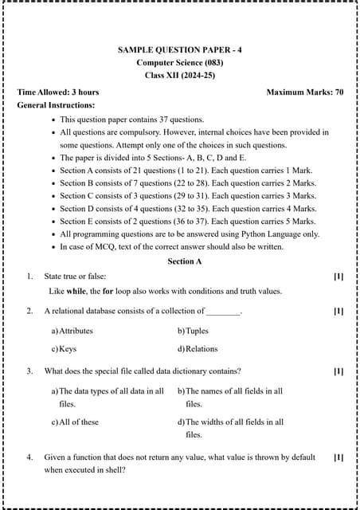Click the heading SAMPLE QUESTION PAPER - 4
click(x=180, y=49)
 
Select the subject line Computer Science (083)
click(x=180, y=62)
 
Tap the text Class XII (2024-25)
click(x=180, y=75)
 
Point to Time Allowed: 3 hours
click(x=57, y=92)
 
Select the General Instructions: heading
click(x=56, y=104)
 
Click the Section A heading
click(x=185, y=261)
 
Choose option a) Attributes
click(x=72, y=330)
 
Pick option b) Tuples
click(x=193, y=330)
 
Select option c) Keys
click(x=65, y=348)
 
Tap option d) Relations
click(x=198, y=348)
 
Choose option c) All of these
click(x=75, y=422)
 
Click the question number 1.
click(x=29, y=276)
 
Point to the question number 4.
click(x=29, y=457)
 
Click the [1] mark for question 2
click(x=338, y=311)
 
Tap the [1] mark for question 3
click(x=338, y=371)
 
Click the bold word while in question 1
click(x=76, y=291)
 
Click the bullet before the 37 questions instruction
click(x=53, y=120)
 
